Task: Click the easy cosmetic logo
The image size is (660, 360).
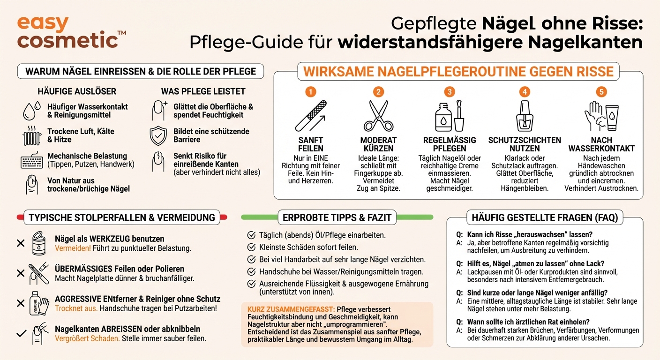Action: click(x=70, y=32)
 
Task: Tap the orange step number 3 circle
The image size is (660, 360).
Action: click(x=450, y=91)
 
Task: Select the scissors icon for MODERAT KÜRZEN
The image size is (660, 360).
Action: click(x=378, y=116)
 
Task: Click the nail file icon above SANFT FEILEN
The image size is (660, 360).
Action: click(x=310, y=116)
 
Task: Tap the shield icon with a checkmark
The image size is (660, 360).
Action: click(x=158, y=135)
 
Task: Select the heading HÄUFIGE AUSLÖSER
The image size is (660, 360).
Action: click(x=77, y=91)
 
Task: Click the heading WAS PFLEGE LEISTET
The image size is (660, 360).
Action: click(x=203, y=91)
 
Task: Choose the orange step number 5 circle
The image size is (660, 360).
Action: click(x=601, y=91)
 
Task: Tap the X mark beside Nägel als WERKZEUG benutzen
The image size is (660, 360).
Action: click(x=21, y=243)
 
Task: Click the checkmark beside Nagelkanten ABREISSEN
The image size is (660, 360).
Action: click(x=21, y=334)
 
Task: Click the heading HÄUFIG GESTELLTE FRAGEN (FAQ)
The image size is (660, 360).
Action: click(x=545, y=217)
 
